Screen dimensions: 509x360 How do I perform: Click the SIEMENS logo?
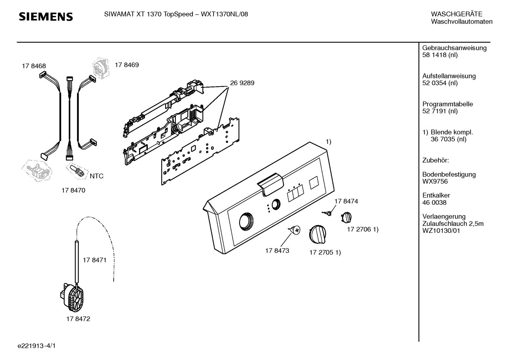click(x=46, y=17)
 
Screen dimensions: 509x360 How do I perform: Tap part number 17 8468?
click(x=34, y=66)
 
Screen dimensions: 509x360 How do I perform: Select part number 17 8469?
click(x=127, y=65)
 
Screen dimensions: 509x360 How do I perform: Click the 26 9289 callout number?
click(x=242, y=83)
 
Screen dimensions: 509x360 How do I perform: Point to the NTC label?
click(x=97, y=176)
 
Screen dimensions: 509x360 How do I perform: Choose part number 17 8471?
click(x=95, y=260)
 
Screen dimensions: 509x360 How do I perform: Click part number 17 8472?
click(x=78, y=319)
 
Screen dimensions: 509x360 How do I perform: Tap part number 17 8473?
click(x=277, y=250)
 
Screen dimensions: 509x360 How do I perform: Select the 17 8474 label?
click(x=346, y=201)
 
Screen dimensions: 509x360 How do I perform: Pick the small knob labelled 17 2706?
click(x=346, y=217)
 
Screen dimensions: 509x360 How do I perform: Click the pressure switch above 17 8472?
click(x=72, y=297)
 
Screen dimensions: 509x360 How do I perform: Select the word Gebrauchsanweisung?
click(x=455, y=48)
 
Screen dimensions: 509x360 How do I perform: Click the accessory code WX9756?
click(x=435, y=182)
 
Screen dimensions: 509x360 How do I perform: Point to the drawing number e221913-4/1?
click(x=37, y=346)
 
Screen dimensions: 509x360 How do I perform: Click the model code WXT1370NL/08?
click(x=224, y=14)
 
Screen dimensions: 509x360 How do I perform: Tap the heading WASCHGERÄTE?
click(x=457, y=14)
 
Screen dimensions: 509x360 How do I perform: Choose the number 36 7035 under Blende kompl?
click(x=449, y=139)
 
